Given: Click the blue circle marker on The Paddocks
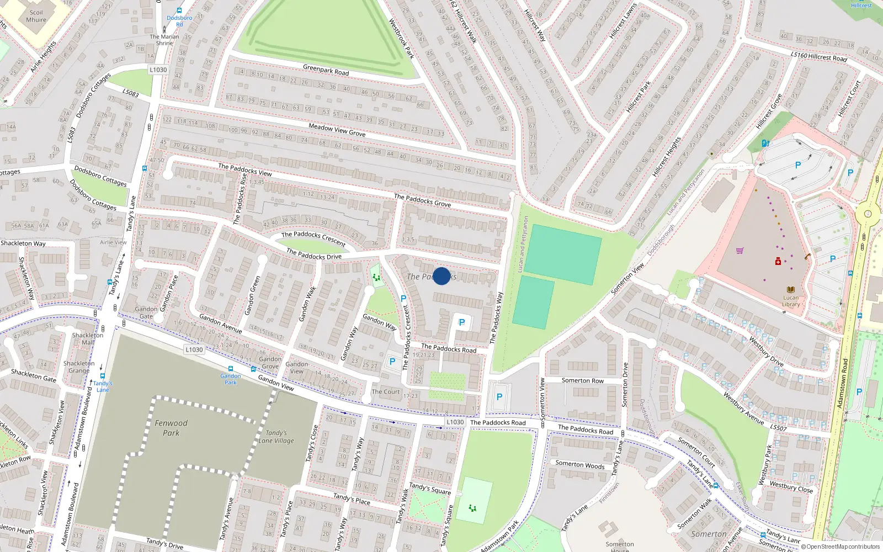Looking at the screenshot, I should [x=441, y=276].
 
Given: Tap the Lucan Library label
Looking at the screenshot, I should [x=791, y=301].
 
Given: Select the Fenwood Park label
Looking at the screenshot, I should [x=171, y=428].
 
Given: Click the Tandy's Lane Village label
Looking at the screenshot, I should [x=276, y=437].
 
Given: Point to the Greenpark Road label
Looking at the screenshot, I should [x=326, y=70].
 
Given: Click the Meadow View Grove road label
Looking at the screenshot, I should [x=337, y=130].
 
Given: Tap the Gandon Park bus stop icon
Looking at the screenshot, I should [x=230, y=369].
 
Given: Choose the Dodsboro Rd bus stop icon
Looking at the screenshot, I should [x=179, y=10].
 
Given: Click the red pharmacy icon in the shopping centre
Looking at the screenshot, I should [x=778, y=261].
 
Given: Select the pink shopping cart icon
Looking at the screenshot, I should [x=740, y=251].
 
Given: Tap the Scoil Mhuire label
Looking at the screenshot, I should [x=36, y=16].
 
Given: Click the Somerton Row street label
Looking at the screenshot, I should [x=582, y=380].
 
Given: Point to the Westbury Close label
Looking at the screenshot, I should [x=791, y=486].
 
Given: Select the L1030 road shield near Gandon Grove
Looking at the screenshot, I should [x=194, y=349].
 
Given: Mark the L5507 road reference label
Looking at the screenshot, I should [x=778, y=427].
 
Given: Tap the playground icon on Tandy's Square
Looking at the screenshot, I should [x=472, y=508].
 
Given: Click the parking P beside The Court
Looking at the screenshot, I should [x=392, y=362].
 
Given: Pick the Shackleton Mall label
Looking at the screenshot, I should [x=88, y=338].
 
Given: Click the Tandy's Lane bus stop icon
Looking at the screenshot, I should [x=103, y=376].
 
